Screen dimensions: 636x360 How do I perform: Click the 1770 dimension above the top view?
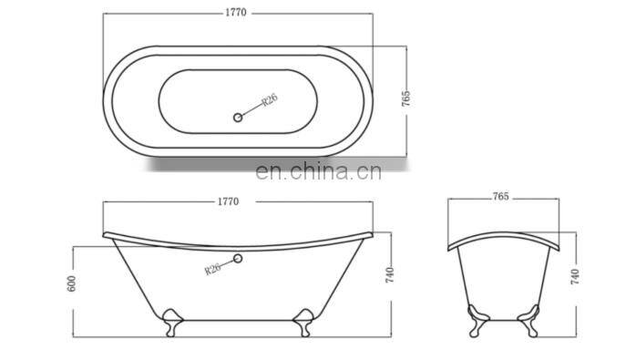pos(236,13)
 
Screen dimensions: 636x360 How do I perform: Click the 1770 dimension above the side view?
pos(229,201)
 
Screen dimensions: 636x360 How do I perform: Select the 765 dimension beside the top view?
pos(406,98)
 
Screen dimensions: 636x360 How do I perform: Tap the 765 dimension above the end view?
pos(501,197)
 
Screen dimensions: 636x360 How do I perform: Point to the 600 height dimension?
pos(71,283)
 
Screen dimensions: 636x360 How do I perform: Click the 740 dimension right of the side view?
pos(389,275)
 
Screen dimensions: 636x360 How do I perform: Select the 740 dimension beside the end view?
pos(575,276)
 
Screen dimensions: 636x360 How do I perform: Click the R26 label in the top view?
pos(270,100)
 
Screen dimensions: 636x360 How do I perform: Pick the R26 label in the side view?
pos(212,268)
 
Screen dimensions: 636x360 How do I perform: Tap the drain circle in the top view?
pos(238,118)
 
